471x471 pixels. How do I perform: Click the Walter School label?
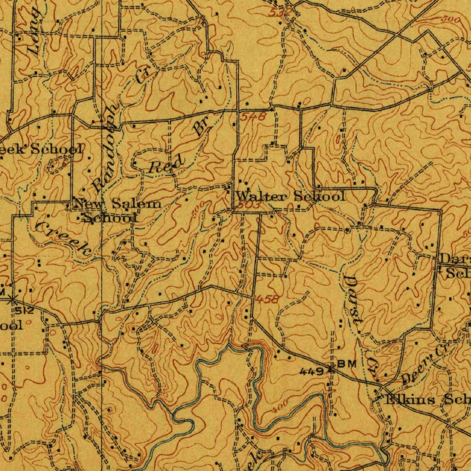coord(290,196)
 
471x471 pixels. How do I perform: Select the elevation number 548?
coord(255,117)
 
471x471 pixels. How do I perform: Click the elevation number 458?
coord(267,299)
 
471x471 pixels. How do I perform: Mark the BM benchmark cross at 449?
coord(330,368)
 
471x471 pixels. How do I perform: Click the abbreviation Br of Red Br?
coord(201,125)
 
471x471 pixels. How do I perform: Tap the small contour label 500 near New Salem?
coord(197,213)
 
